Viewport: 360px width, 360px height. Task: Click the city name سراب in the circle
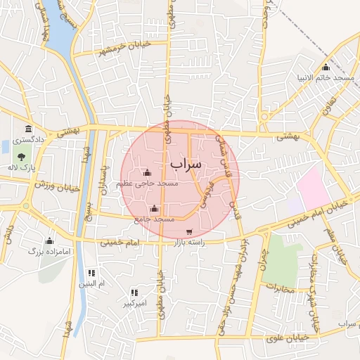pyautogui.click(x=186, y=163)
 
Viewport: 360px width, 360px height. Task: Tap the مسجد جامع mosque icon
pyautogui.click(x=154, y=209)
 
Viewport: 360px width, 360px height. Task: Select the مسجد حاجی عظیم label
pyautogui.click(x=148, y=183)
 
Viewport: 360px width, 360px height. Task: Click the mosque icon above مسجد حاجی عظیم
pyautogui.click(x=147, y=172)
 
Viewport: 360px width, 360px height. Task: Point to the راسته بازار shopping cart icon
pyautogui.click(x=188, y=232)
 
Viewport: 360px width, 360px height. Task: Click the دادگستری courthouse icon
pyautogui.click(x=28, y=129)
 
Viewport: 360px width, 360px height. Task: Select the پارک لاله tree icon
pyautogui.click(x=20, y=157)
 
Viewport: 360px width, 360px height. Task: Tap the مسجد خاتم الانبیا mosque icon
pyautogui.click(x=325, y=67)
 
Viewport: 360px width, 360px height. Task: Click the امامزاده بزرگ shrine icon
pyautogui.click(x=49, y=240)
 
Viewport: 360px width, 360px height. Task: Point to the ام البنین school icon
pyautogui.click(x=91, y=273)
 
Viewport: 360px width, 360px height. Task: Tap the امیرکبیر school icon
pyautogui.click(x=134, y=292)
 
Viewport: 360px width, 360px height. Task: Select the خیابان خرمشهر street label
pyautogui.click(x=105, y=51)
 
